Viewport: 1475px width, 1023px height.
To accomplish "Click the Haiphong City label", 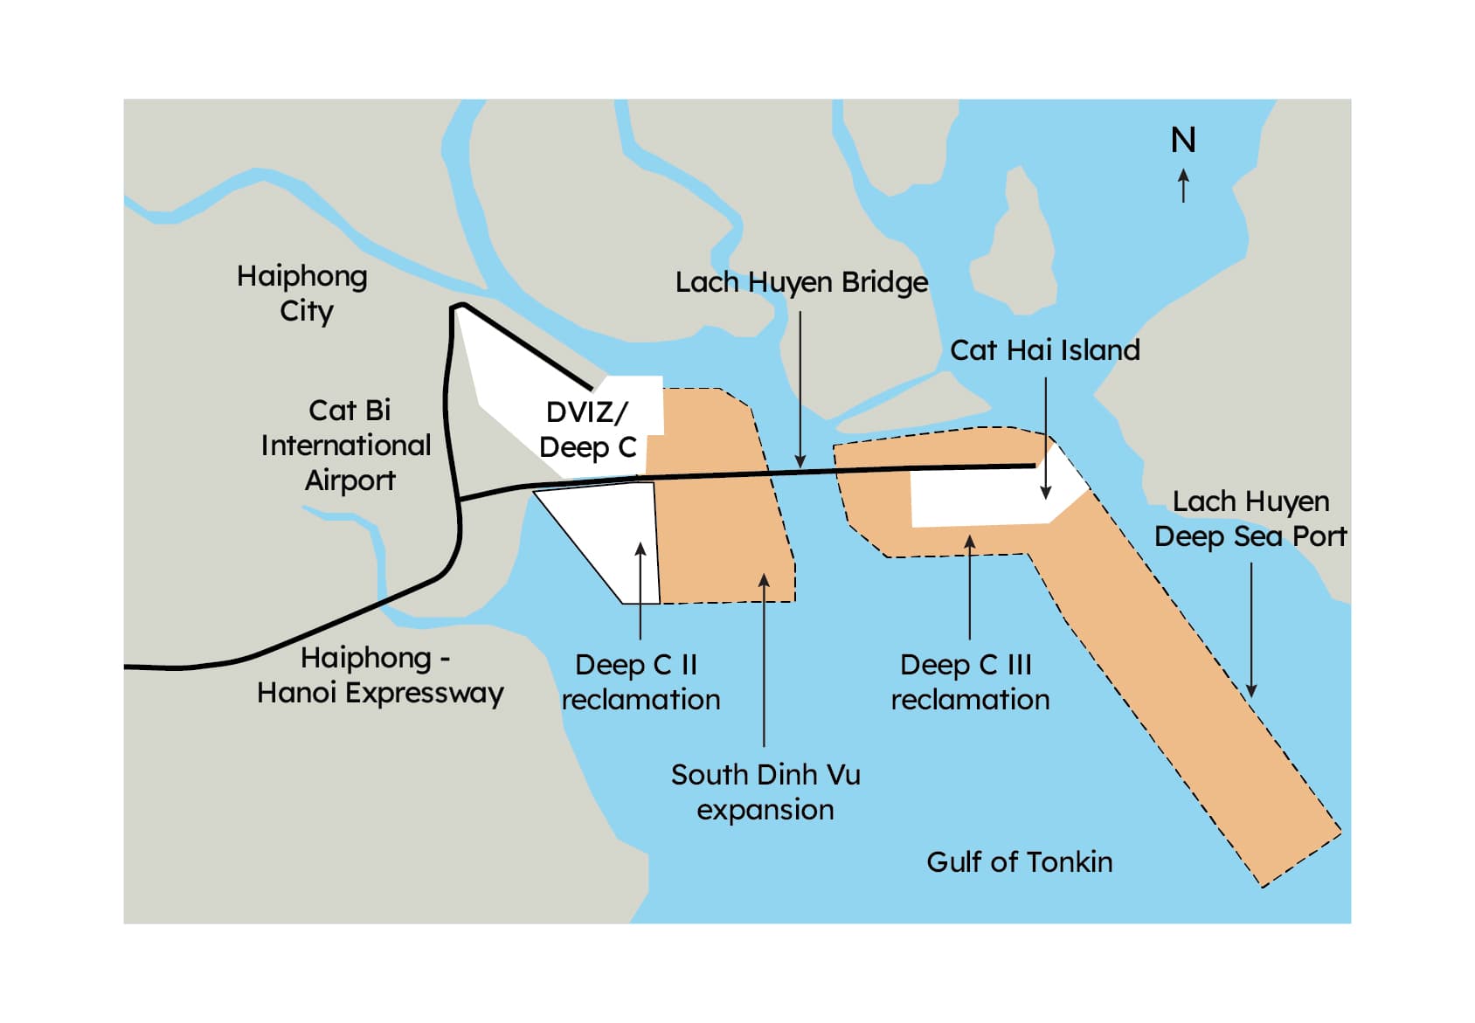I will [x=302, y=294].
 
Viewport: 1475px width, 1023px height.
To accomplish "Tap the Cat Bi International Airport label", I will [x=347, y=446].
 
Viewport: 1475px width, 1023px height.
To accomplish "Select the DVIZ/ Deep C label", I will [x=587, y=430].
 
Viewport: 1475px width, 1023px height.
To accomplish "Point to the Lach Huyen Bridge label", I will [x=801, y=282].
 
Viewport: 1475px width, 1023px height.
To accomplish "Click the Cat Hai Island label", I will [x=1045, y=350].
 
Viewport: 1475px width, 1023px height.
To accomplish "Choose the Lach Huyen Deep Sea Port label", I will [x=1250, y=519].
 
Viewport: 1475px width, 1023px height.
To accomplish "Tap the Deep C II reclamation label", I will [x=641, y=682].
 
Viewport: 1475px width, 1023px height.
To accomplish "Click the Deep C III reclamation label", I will [x=970, y=682].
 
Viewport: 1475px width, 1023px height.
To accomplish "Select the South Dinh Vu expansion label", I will [x=765, y=792].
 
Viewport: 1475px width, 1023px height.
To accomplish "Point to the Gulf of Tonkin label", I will [x=1020, y=862].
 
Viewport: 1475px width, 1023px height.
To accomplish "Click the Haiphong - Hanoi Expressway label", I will [x=379, y=675].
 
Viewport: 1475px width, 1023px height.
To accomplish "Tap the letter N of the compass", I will [x=1183, y=141].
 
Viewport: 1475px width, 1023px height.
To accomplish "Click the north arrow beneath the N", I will [x=1184, y=184].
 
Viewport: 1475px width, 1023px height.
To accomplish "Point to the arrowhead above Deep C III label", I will [x=970, y=543].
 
